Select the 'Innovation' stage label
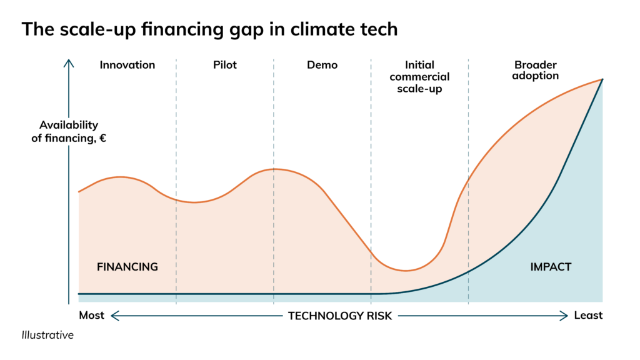127,65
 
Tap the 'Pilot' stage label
225,65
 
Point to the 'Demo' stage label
322,65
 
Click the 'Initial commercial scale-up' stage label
419,76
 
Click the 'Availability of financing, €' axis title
69,132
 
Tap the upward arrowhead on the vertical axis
69,62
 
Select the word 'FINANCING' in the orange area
127,267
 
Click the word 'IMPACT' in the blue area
551,267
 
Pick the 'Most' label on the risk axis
91,316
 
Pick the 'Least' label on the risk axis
588,316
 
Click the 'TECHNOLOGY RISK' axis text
340,316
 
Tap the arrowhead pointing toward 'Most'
114,316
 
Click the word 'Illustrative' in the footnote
47,336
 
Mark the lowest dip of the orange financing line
406,271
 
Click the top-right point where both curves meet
602,79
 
